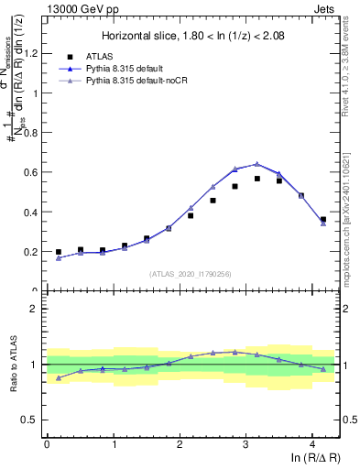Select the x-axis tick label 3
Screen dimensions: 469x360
coord(245,444)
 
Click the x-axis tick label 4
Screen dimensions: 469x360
coord(312,444)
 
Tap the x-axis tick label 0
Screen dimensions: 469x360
coord(47,444)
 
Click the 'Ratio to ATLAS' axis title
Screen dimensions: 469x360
coord(12,365)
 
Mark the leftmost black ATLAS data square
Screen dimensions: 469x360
coord(59,252)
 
